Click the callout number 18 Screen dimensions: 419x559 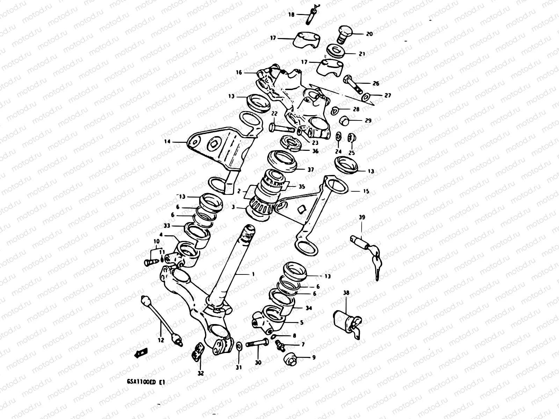291,15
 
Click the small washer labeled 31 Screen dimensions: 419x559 239,346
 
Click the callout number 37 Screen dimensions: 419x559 310,170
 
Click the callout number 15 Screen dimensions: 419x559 366,191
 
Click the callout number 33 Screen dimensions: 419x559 167,226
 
